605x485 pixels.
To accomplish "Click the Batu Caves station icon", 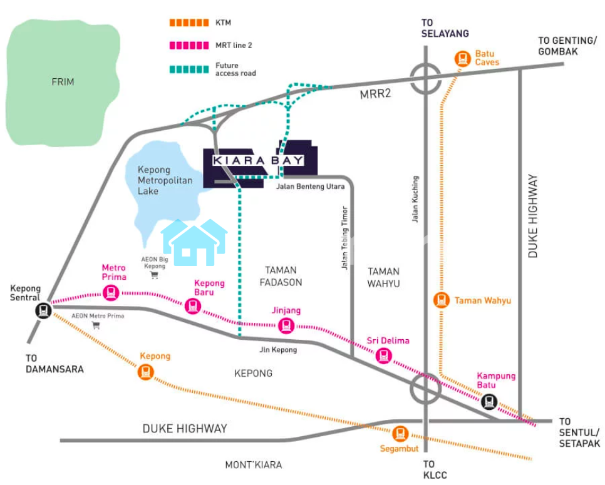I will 463,59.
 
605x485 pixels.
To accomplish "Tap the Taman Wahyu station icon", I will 442,300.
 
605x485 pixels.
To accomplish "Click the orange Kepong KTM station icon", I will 146,372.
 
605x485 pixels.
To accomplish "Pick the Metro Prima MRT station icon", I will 111,292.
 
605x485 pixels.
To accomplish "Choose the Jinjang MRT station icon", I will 286,325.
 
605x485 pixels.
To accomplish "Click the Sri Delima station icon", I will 384,355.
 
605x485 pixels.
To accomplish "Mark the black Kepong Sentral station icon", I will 43,310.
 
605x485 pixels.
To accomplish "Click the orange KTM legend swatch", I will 189,23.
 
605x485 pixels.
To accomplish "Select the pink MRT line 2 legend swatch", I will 189,45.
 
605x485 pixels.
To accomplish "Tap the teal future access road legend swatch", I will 189,69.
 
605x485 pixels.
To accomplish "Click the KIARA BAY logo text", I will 258,161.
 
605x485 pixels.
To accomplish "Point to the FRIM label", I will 63,82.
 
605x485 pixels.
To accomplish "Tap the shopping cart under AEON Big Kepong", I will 155,275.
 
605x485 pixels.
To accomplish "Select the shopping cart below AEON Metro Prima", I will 96,325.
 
